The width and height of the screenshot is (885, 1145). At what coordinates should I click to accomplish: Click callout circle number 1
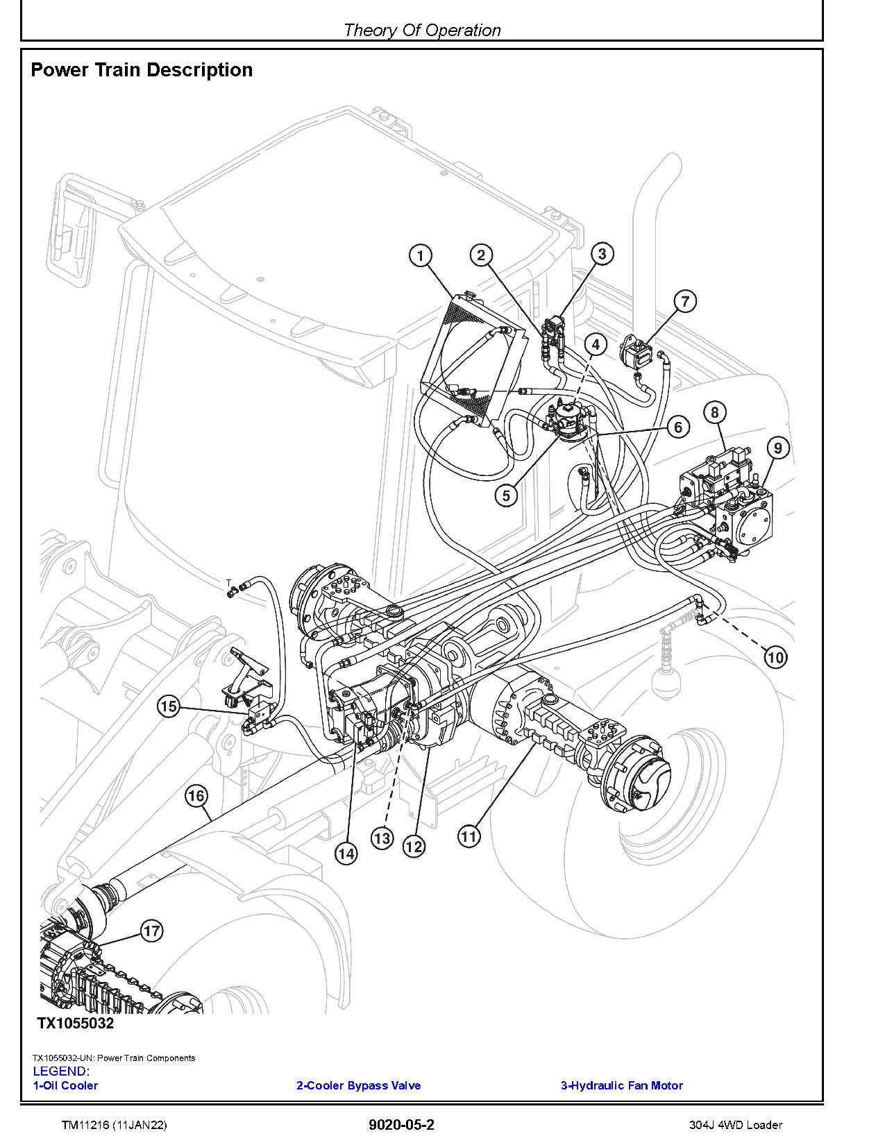tap(420, 256)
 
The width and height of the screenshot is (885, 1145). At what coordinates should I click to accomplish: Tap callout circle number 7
tap(685, 301)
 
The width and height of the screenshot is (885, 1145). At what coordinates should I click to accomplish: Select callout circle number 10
tap(775, 656)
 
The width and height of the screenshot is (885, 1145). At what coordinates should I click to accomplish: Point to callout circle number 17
tap(151, 931)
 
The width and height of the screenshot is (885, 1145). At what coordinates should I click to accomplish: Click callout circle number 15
tap(169, 707)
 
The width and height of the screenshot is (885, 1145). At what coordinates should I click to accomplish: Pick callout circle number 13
tap(382, 838)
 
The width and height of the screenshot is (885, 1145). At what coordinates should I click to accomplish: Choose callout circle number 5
tap(506, 495)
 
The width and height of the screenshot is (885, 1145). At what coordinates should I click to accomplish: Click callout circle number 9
tap(777, 448)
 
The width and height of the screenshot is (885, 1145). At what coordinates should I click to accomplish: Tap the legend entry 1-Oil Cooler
tap(66, 1085)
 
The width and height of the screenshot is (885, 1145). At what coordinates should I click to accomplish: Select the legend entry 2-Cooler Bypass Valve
tap(358, 1085)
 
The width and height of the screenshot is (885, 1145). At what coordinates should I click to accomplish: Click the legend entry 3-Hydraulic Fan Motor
tap(621, 1085)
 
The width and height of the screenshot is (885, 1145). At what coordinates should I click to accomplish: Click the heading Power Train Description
tap(142, 70)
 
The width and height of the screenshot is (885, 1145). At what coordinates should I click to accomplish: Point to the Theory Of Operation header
tap(422, 30)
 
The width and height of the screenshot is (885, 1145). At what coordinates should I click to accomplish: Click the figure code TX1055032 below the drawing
tap(75, 1023)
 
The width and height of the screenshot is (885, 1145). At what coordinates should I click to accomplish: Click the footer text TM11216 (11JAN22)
tap(114, 1125)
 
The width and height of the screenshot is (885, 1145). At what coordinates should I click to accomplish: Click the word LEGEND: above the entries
tap(61, 1071)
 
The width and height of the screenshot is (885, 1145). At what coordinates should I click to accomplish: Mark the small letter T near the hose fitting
tap(228, 582)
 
